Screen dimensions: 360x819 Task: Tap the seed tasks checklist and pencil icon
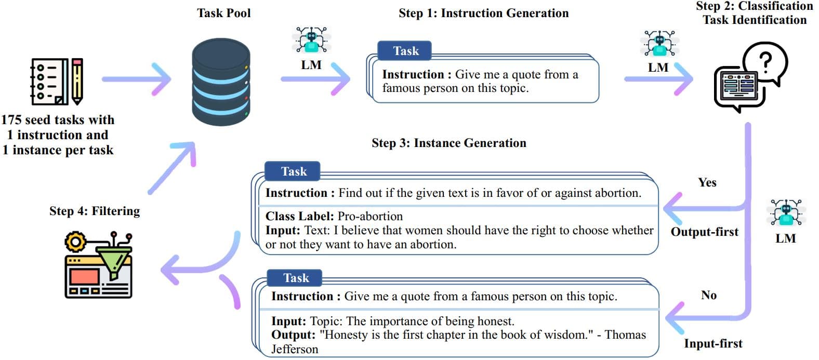(x=57, y=82)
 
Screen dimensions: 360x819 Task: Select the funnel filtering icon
(x=99, y=265)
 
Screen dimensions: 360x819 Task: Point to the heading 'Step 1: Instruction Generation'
(x=483, y=14)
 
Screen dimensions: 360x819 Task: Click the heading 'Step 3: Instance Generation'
(x=449, y=143)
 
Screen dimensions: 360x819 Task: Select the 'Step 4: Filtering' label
(x=95, y=211)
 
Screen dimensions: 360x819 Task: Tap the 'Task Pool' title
(x=223, y=14)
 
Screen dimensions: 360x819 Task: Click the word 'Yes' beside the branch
(x=707, y=182)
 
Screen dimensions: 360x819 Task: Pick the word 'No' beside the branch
(x=709, y=295)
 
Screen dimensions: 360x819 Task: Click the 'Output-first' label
(x=705, y=232)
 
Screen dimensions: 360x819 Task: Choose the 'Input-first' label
(x=713, y=343)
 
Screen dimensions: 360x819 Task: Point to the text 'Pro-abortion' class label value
(x=370, y=216)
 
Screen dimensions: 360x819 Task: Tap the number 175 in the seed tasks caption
(x=11, y=120)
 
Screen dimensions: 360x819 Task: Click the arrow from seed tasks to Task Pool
(x=136, y=79)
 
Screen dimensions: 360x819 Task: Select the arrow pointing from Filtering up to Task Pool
(x=172, y=167)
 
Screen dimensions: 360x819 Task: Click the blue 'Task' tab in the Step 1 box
(x=405, y=51)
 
